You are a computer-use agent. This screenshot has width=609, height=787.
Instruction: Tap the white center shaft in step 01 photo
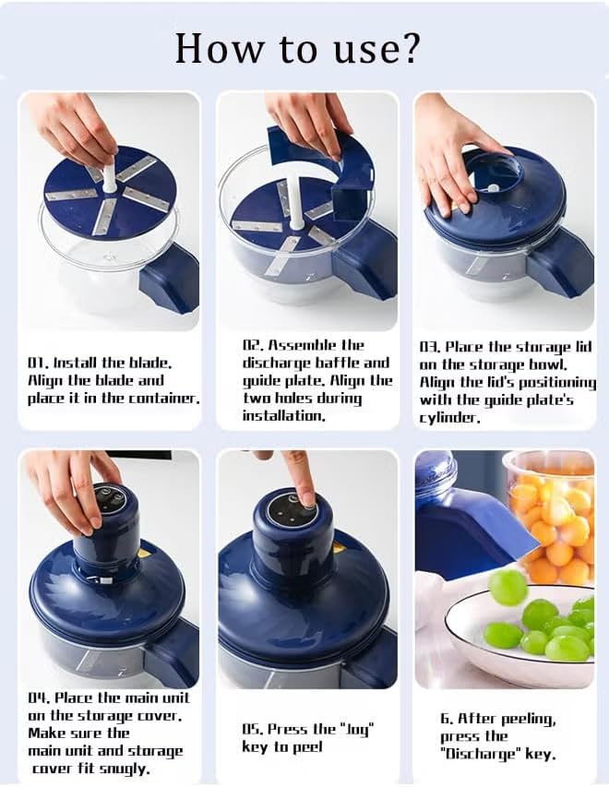[109, 172]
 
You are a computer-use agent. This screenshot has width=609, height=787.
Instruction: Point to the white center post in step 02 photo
[296, 207]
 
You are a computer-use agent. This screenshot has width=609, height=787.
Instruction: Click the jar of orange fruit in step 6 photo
[551, 518]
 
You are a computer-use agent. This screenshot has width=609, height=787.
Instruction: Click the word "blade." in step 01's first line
[150, 363]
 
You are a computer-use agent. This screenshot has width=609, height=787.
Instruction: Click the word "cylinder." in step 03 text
[450, 418]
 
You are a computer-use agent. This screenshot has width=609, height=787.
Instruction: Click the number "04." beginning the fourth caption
[39, 698]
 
